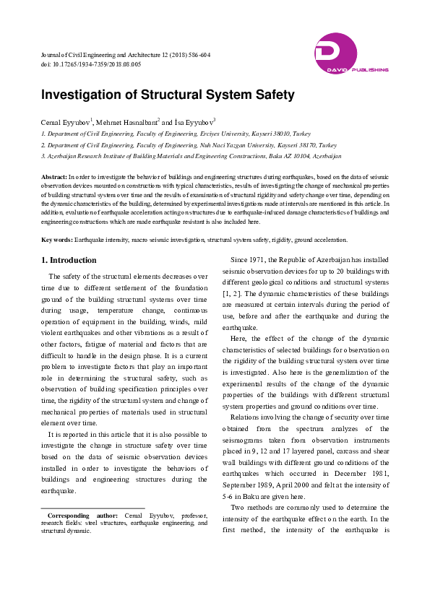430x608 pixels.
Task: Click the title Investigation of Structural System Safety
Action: (168, 95)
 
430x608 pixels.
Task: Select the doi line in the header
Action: (90, 64)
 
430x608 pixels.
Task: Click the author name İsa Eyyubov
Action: (193, 123)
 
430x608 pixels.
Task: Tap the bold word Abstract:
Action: (54, 176)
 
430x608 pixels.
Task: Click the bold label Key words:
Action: (57, 239)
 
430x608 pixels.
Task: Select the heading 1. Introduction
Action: (69, 260)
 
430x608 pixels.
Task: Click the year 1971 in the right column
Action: (262, 259)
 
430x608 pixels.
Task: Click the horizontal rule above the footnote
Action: (93, 508)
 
